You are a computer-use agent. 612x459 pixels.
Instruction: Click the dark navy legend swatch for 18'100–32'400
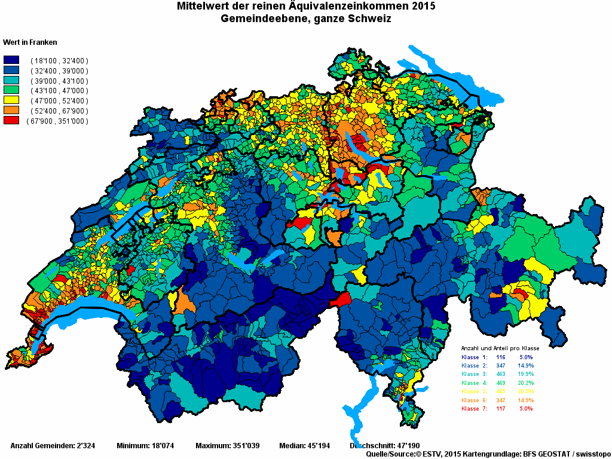click(12, 60)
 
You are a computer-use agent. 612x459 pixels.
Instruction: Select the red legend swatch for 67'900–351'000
click(12, 121)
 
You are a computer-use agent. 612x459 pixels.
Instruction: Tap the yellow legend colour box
click(12, 101)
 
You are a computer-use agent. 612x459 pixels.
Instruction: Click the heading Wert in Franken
click(30, 42)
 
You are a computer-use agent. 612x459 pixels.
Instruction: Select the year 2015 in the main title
click(423, 7)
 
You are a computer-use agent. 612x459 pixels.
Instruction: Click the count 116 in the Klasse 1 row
click(500, 357)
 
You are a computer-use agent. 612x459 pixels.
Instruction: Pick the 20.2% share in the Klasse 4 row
click(525, 382)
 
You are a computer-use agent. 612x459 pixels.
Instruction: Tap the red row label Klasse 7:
click(475, 409)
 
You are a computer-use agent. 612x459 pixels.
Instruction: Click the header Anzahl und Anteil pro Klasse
click(500, 348)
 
